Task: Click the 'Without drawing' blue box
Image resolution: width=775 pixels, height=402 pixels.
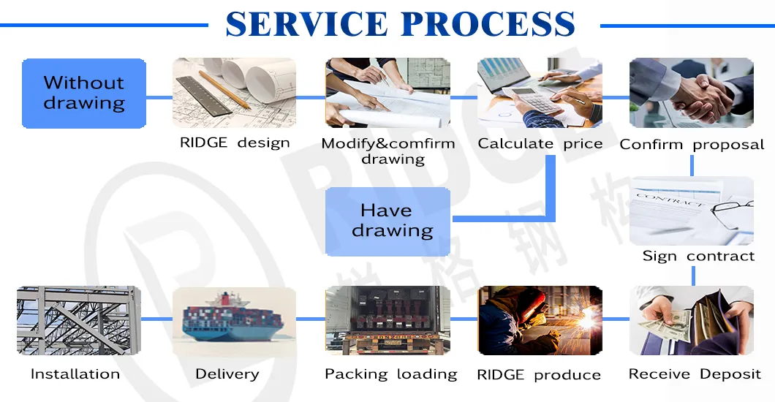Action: [x=84, y=93]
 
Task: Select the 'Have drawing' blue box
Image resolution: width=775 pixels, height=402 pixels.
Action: [x=387, y=221]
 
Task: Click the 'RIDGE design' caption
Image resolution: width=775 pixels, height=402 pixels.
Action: [x=235, y=143]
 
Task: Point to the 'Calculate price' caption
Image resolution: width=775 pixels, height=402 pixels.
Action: [x=540, y=143]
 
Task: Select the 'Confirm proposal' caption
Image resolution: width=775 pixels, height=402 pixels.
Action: [x=692, y=144]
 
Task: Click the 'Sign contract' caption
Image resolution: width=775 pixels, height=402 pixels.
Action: [x=698, y=256]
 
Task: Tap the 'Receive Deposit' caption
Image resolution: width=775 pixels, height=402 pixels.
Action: [x=695, y=374]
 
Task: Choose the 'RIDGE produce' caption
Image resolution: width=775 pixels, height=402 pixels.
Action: [x=539, y=375]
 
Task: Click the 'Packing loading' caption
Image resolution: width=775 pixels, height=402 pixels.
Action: [x=390, y=374]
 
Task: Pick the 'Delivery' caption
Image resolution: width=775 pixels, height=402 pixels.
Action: [x=227, y=374]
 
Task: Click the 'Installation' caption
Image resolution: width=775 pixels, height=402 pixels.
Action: [x=75, y=374]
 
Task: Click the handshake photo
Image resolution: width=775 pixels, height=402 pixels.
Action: [x=691, y=93]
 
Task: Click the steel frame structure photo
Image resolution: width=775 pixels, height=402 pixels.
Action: [x=78, y=320]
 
